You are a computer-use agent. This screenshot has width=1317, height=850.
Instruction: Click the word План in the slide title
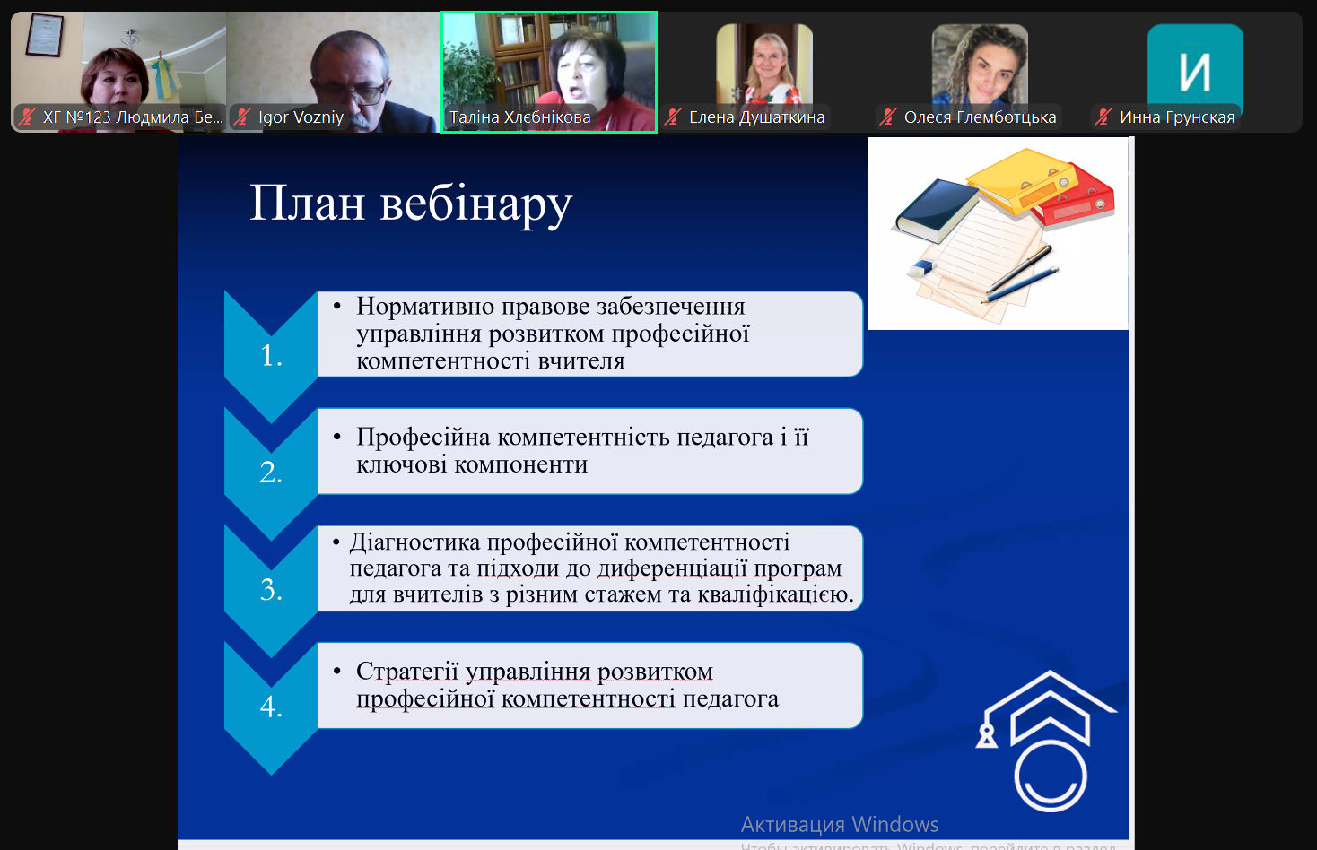(308, 204)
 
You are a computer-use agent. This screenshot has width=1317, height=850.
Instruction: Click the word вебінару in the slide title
(476, 205)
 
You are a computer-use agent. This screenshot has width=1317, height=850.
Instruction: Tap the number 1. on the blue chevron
(271, 355)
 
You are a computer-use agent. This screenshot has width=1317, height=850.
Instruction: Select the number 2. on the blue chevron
(271, 473)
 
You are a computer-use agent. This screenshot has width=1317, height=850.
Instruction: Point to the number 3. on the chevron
(271, 589)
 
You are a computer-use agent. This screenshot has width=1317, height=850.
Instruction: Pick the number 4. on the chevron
(271, 706)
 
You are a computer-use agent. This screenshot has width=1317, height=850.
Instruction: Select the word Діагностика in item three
(415, 542)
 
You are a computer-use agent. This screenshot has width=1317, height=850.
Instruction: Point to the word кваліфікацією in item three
(773, 594)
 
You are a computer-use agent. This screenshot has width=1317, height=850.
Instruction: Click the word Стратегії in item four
(407, 672)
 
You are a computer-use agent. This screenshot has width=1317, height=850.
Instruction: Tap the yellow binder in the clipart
(1022, 179)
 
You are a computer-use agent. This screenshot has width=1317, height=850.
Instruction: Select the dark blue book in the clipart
(937, 212)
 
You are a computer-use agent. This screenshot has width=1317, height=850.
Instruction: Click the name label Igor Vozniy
(301, 117)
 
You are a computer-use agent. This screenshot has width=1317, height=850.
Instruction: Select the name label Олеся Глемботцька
(980, 117)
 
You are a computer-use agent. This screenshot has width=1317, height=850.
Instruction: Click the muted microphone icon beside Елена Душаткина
(673, 117)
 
